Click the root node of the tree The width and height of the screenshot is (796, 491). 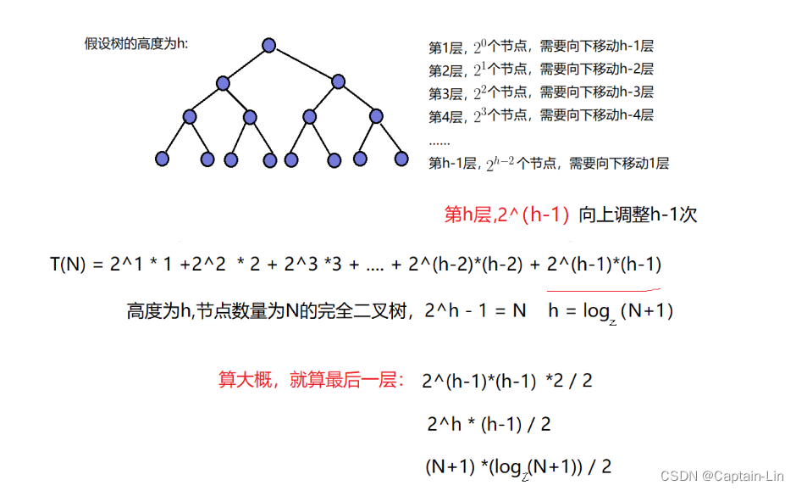pyautogui.click(x=269, y=45)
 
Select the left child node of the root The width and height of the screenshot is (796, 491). pyautogui.click(x=223, y=82)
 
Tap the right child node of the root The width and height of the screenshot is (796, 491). pyautogui.click(x=339, y=81)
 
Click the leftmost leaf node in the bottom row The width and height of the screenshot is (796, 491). pyautogui.click(x=163, y=158)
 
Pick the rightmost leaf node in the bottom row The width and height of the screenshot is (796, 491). pyautogui.click(x=400, y=158)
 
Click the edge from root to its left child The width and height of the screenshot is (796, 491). pyautogui.click(x=246, y=64)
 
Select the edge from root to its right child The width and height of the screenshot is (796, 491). pyautogui.click(x=304, y=63)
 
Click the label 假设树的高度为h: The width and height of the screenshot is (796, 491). pyautogui.click(x=135, y=43)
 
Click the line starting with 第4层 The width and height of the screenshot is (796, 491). pyautogui.click(x=541, y=115)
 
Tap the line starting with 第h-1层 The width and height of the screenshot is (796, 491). pyautogui.click(x=549, y=163)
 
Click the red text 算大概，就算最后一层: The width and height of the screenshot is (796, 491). pyautogui.click(x=312, y=380)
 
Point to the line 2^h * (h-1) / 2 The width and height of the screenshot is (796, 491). pyautogui.click(x=489, y=423)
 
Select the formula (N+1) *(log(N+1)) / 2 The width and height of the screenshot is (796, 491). pyautogui.click(x=518, y=466)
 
